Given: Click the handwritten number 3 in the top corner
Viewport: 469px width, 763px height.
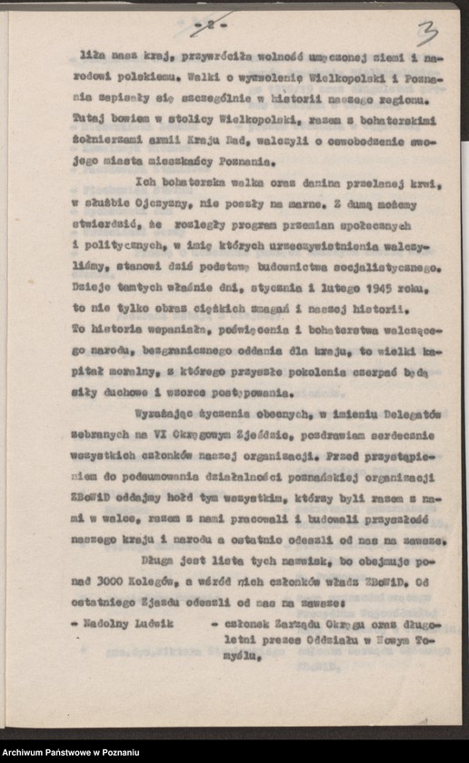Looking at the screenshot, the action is (x=427, y=35).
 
